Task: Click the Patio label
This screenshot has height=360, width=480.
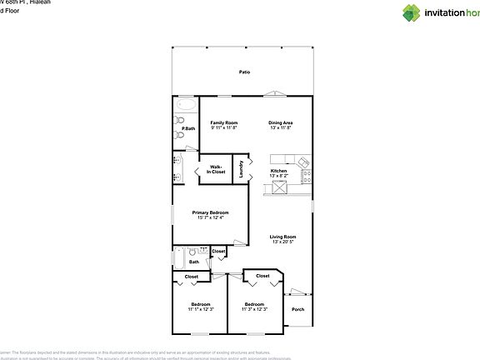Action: (244, 72)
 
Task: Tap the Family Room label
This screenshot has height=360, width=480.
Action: (223, 122)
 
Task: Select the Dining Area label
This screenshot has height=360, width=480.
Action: (280, 122)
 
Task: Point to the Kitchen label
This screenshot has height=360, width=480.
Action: (278, 171)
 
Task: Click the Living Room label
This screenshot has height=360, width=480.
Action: (282, 237)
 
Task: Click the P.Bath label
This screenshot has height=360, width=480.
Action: (188, 128)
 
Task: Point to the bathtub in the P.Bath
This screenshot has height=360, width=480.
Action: (184, 106)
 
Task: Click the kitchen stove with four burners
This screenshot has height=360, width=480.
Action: (306, 176)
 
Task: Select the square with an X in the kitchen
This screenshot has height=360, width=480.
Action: (279, 188)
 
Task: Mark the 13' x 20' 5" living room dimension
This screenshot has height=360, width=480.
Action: (282, 242)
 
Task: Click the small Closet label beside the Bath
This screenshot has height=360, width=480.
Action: (218, 251)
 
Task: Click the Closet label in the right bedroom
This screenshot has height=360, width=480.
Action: (262, 276)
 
